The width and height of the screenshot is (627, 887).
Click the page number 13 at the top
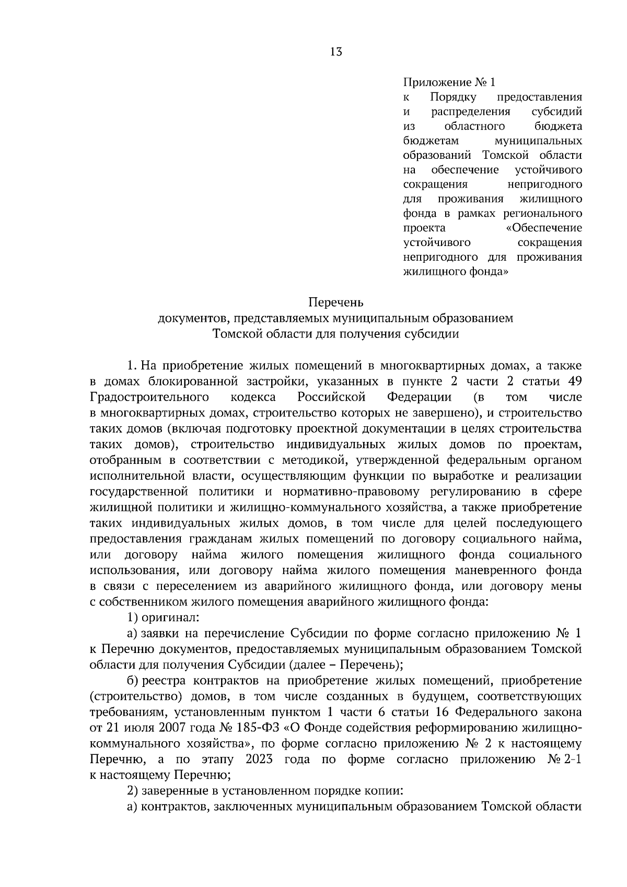[x=336, y=51]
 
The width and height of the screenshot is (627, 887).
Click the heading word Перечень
[x=335, y=302]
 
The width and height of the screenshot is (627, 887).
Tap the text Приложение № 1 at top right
[x=448, y=83]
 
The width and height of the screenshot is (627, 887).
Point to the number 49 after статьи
[x=574, y=381]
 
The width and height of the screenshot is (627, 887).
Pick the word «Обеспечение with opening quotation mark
[x=544, y=228]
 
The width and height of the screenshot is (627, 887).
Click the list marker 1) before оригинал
[x=133, y=617]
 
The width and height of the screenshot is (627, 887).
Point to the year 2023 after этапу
[x=259, y=759]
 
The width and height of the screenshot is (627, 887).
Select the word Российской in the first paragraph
[x=331, y=397]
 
